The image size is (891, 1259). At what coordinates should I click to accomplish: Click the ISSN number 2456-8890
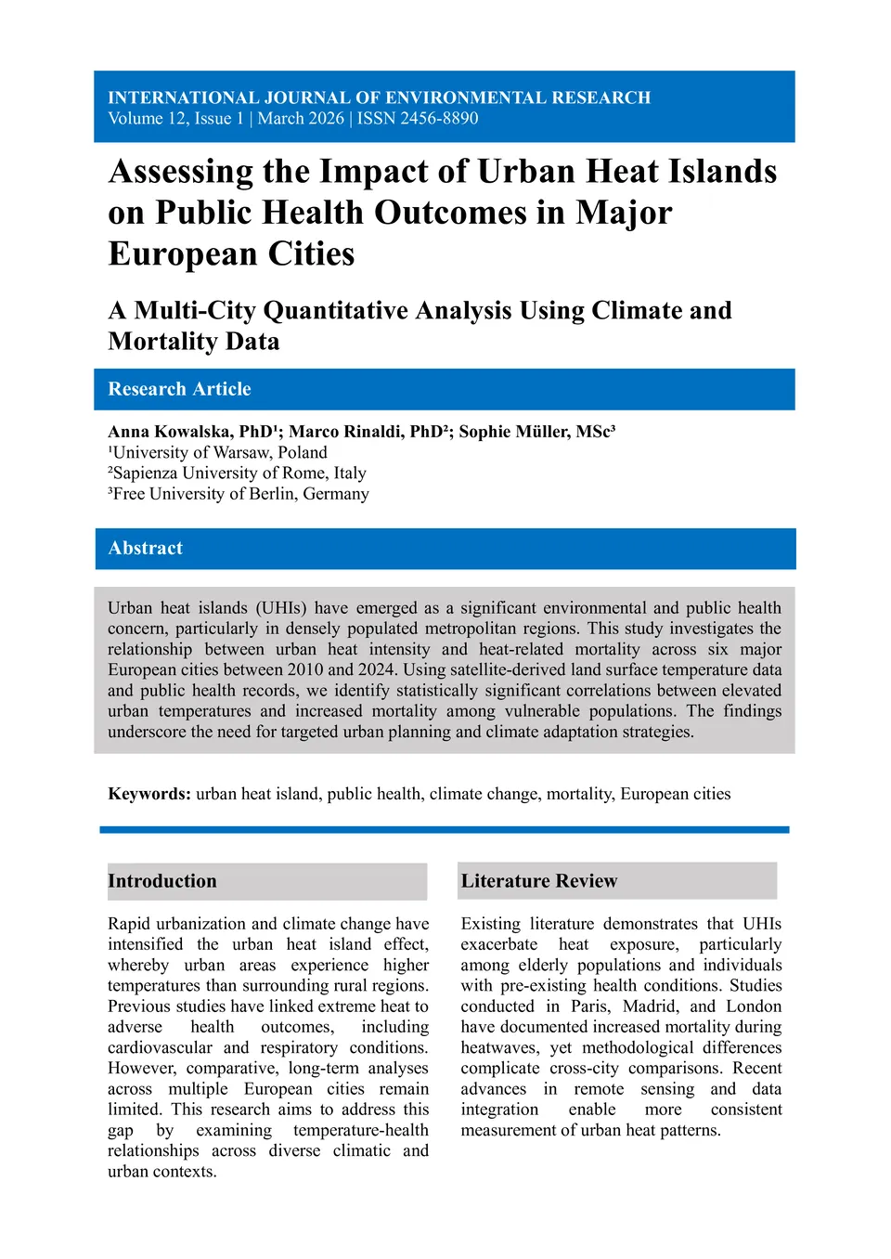pyautogui.click(x=439, y=119)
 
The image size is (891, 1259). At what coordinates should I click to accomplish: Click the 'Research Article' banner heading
pyautogui.click(x=179, y=389)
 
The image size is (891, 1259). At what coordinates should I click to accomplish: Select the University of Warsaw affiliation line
pyautogui.click(x=218, y=452)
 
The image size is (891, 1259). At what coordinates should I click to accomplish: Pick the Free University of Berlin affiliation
pyautogui.click(x=239, y=494)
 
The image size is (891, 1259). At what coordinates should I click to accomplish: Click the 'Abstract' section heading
pyautogui.click(x=146, y=548)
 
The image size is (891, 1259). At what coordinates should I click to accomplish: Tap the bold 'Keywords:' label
pyautogui.click(x=149, y=794)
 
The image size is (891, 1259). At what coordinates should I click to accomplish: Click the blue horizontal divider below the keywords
pyautogui.click(x=445, y=829)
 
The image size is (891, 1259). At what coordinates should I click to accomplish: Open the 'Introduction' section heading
pyautogui.click(x=162, y=881)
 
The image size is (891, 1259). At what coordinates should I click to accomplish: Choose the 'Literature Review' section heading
pyautogui.click(x=539, y=881)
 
